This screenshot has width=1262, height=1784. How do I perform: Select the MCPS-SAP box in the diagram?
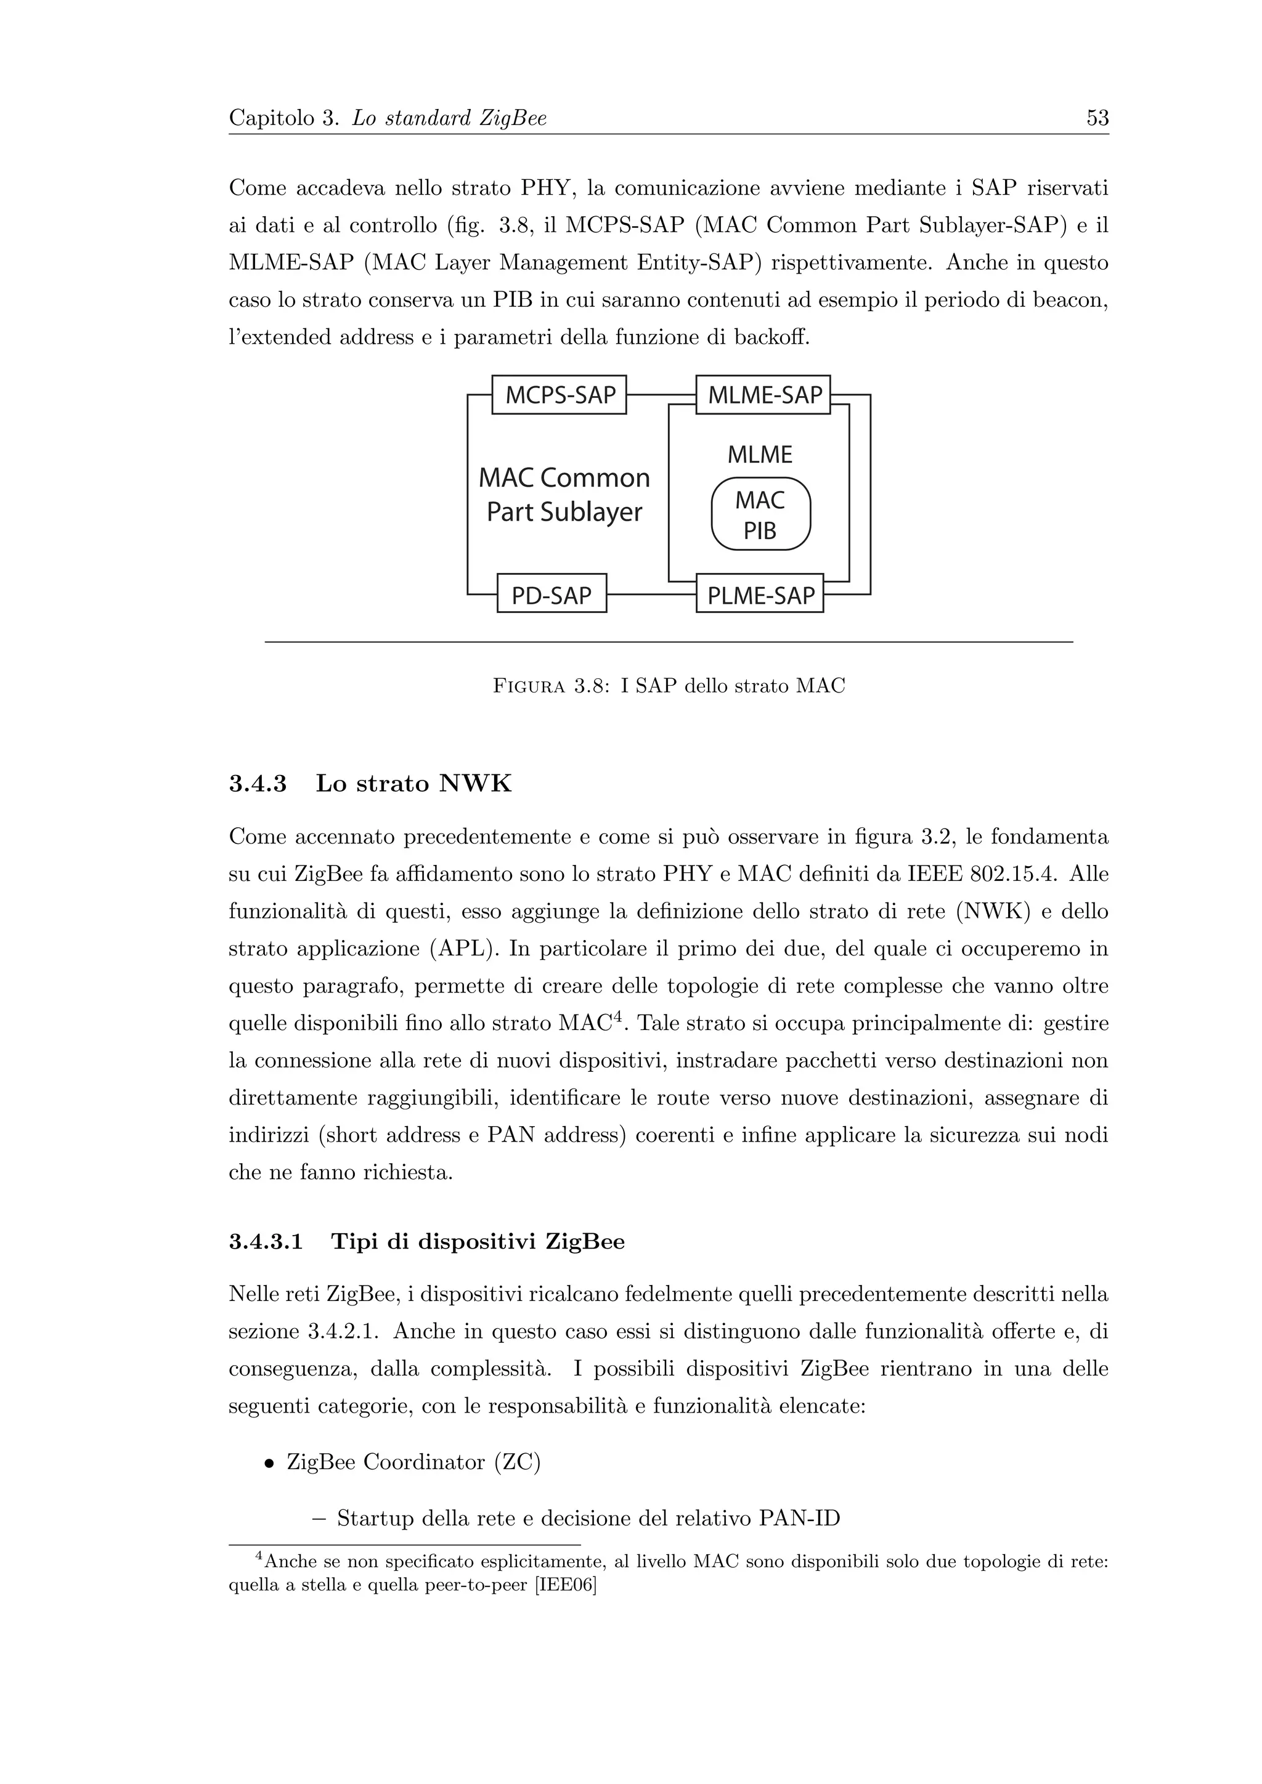(x=560, y=395)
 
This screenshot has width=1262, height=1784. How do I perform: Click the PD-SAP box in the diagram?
(x=551, y=595)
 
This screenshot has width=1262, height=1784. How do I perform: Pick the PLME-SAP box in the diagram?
(x=760, y=595)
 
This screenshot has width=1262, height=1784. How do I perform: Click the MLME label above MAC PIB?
(x=760, y=455)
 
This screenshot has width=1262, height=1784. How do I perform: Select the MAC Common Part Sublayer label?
(x=564, y=494)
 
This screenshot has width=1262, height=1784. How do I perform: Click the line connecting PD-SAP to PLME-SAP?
(x=651, y=594)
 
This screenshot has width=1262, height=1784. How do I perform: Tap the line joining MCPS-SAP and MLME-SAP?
(x=661, y=395)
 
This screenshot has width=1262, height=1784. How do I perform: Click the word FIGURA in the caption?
(x=529, y=686)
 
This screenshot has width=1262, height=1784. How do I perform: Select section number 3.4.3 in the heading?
(x=257, y=784)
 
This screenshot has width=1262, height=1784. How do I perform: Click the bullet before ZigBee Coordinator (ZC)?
(x=268, y=1463)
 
